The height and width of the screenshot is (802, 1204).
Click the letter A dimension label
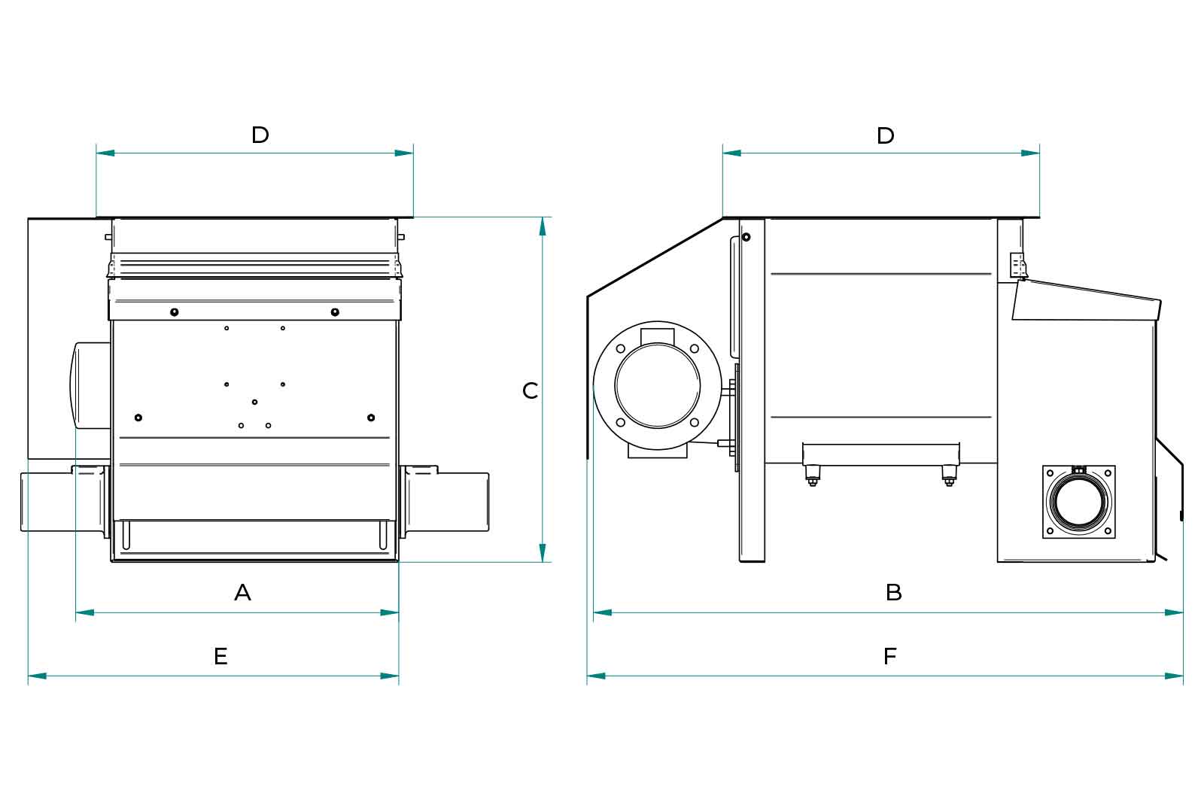pos(242,593)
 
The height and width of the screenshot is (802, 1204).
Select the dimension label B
pos(893,593)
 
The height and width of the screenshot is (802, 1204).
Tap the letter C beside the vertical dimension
pos(531,390)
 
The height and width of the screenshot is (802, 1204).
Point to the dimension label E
pos(220,657)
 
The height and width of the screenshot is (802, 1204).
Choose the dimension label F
pos(890,657)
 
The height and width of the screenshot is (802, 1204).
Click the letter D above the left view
pos(260,135)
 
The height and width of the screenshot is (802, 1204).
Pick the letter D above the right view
pos(886,135)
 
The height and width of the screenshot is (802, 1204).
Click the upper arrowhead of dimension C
pos(542,226)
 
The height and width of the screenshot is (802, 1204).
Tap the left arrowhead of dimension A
pos(85,612)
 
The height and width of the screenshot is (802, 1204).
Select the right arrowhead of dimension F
pos(1174,676)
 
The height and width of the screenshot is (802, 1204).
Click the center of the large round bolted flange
pos(658,385)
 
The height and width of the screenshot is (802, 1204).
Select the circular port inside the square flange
pos(1079,502)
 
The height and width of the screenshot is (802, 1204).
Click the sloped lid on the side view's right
pos(1087,301)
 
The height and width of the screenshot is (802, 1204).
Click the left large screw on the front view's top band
pos(174,312)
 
